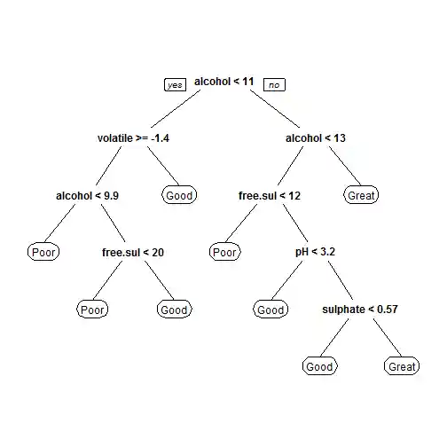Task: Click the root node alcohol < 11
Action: pyautogui.click(x=224, y=82)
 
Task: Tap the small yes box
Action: pyautogui.click(x=175, y=84)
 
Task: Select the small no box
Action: pyautogui.click(x=274, y=84)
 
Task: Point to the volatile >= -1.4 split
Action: pyautogui.click(x=135, y=138)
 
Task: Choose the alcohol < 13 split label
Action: pyautogui.click(x=316, y=138)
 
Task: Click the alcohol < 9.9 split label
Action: pyautogui.click(x=87, y=195)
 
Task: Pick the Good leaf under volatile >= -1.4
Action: pyautogui.click(x=178, y=195)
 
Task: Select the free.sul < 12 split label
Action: pyautogui.click(x=270, y=195)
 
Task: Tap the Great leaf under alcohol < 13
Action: pyautogui.click(x=361, y=195)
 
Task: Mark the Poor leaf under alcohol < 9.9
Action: pyautogui.click(x=43, y=252)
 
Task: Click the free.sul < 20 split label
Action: pyautogui.click(x=133, y=252)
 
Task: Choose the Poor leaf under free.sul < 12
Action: pyautogui.click(x=224, y=252)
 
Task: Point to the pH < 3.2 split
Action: pyautogui.click(x=315, y=252)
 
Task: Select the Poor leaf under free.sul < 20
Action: pyautogui.click(x=92, y=310)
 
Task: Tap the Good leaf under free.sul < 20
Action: pyautogui.click(x=174, y=310)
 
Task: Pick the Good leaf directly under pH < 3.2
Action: pyautogui.click(x=271, y=310)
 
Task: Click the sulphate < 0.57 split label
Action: pyautogui.click(x=359, y=310)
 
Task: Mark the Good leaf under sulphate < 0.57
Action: pyautogui.click(x=319, y=366)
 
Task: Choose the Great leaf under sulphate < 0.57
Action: pyautogui.click(x=401, y=366)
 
